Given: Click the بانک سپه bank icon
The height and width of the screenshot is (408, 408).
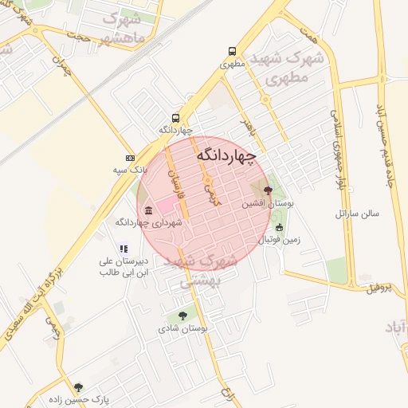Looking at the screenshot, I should (131, 158).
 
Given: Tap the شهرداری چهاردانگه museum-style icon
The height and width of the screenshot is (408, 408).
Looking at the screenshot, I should (148, 210).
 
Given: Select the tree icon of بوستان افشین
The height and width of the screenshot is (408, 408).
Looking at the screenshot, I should (267, 191).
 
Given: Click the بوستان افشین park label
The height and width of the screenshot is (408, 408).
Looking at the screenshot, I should (268, 204).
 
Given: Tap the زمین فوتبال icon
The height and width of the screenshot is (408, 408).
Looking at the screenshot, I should (279, 227).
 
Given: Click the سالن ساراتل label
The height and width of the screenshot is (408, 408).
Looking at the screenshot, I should (358, 214).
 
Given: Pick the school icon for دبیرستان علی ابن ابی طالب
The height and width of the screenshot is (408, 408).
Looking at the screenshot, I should (124, 249).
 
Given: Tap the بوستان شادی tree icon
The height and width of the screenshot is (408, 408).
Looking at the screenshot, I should (182, 316).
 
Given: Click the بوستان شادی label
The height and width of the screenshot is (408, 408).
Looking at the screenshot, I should (182, 328).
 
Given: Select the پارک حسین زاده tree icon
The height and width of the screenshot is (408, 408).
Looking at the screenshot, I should (78, 387).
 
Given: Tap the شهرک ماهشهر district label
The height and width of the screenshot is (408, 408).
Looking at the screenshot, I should (123, 29).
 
